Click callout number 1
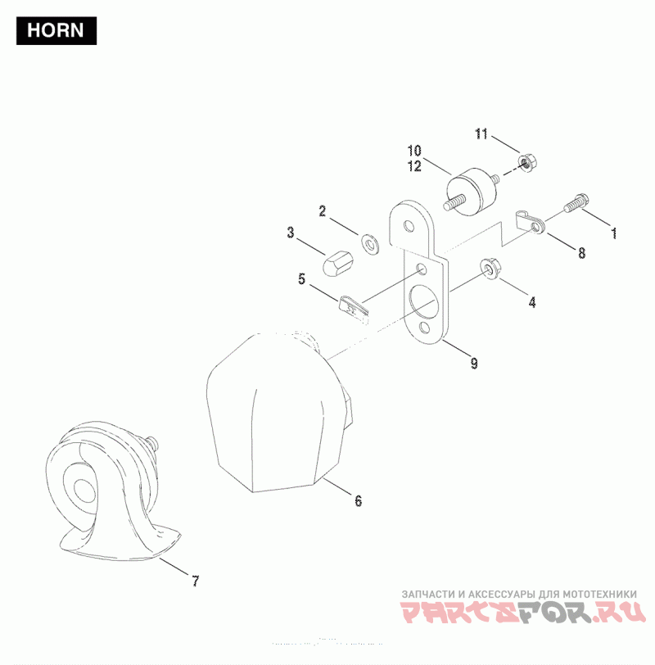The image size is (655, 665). point(613,233)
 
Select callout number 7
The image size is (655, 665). point(195,581)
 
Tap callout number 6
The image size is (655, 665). point(358,500)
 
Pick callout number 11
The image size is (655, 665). point(481,133)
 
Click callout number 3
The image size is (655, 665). point(291,233)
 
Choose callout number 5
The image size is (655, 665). point(302,279)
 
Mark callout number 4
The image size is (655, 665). point(531,302)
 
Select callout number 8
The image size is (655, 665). point(581,253)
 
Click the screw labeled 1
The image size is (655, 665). point(576,200)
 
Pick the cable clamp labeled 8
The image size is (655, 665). point(531,223)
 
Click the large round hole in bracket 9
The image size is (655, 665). point(425,302)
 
